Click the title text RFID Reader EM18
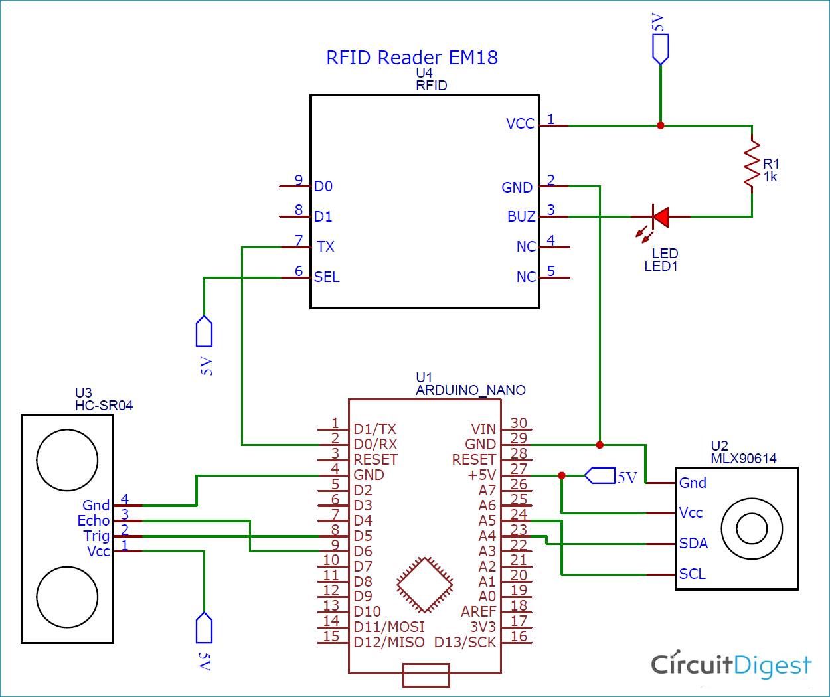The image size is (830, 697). [x=412, y=58]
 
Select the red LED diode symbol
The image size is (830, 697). [x=660, y=216]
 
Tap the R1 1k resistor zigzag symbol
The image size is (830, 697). [x=752, y=163]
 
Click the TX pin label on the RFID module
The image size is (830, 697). [x=325, y=247]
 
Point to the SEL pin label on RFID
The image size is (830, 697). [x=327, y=277]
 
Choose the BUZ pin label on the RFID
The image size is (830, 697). [x=521, y=217]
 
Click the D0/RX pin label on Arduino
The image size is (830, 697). [x=375, y=445]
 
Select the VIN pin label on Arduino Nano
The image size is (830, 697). [x=483, y=429]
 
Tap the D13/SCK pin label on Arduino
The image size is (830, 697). [x=465, y=643]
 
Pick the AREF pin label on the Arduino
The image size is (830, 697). [x=478, y=612]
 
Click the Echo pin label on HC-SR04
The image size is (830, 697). [x=94, y=521]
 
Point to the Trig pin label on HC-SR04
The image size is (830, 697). [x=96, y=536]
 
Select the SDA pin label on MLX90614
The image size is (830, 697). [x=693, y=544]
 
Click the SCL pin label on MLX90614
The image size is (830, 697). [x=692, y=574]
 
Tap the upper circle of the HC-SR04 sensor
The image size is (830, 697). [x=67, y=460]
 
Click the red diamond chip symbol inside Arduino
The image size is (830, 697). [x=424, y=584]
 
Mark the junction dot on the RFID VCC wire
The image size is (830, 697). [x=660, y=125]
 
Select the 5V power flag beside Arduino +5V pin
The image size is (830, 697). [x=600, y=476]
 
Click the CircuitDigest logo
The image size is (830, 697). [x=730, y=664]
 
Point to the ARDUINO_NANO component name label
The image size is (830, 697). [x=470, y=390]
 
